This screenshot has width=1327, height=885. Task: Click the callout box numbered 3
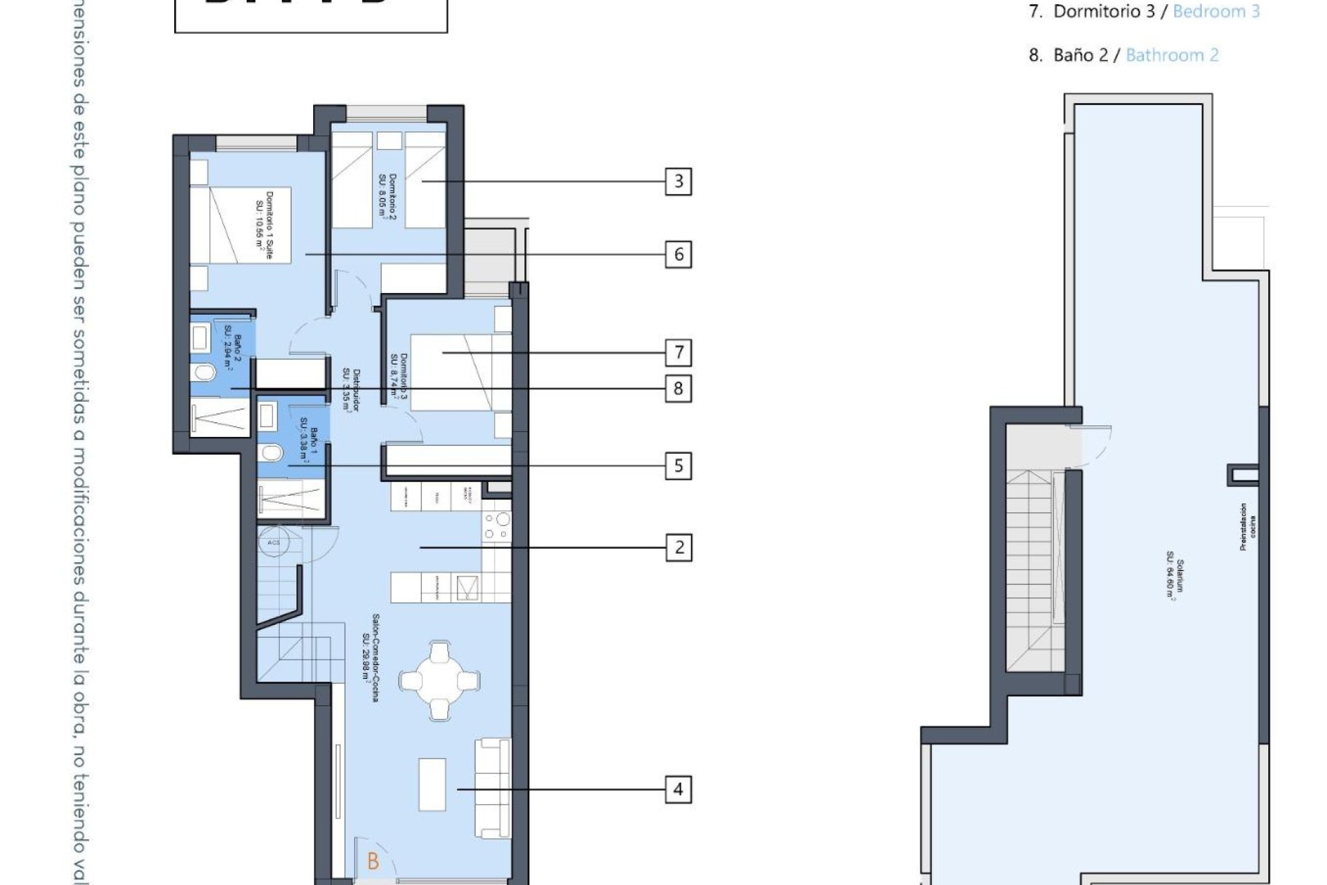pyautogui.click(x=678, y=182)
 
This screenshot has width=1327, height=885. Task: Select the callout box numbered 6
pyautogui.click(x=678, y=254)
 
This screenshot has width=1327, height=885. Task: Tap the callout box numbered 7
pyautogui.click(x=678, y=353)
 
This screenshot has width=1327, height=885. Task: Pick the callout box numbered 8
pyautogui.click(x=678, y=389)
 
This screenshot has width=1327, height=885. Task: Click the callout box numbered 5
pyautogui.click(x=678, y=466)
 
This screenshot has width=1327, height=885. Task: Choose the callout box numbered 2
pyautogui.click(x=678, y=548)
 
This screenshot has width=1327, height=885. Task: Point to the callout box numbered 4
pyautogui.click(x=678, y=790)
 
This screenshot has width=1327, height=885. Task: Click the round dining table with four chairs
pyautogui.click(x=440, y=681)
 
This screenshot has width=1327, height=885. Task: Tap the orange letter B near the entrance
pyautogui.click(x=373, y=861)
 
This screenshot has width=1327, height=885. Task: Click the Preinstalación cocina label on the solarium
pyautogui.click(x=1248, y=527)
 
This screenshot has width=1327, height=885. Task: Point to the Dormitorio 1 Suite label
pyautogui.click(x=264, y=225)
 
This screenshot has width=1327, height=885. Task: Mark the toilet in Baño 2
pyautogui.click(x=204, y=373)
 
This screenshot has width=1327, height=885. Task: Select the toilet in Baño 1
pyautogui.click(x=271, y=453)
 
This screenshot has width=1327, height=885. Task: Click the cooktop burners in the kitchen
pyautogui.click(x=497, y=525)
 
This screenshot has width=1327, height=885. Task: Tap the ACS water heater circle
pyautogui.click(x=274, y=542)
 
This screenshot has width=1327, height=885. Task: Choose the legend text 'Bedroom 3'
pyautogui.click(x=1216, y=12)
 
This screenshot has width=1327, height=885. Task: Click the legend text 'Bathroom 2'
pyautogui.click(x=1172, y=55)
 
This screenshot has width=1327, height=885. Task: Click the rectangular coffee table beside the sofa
pyautogui.click(x=432, y=785)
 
